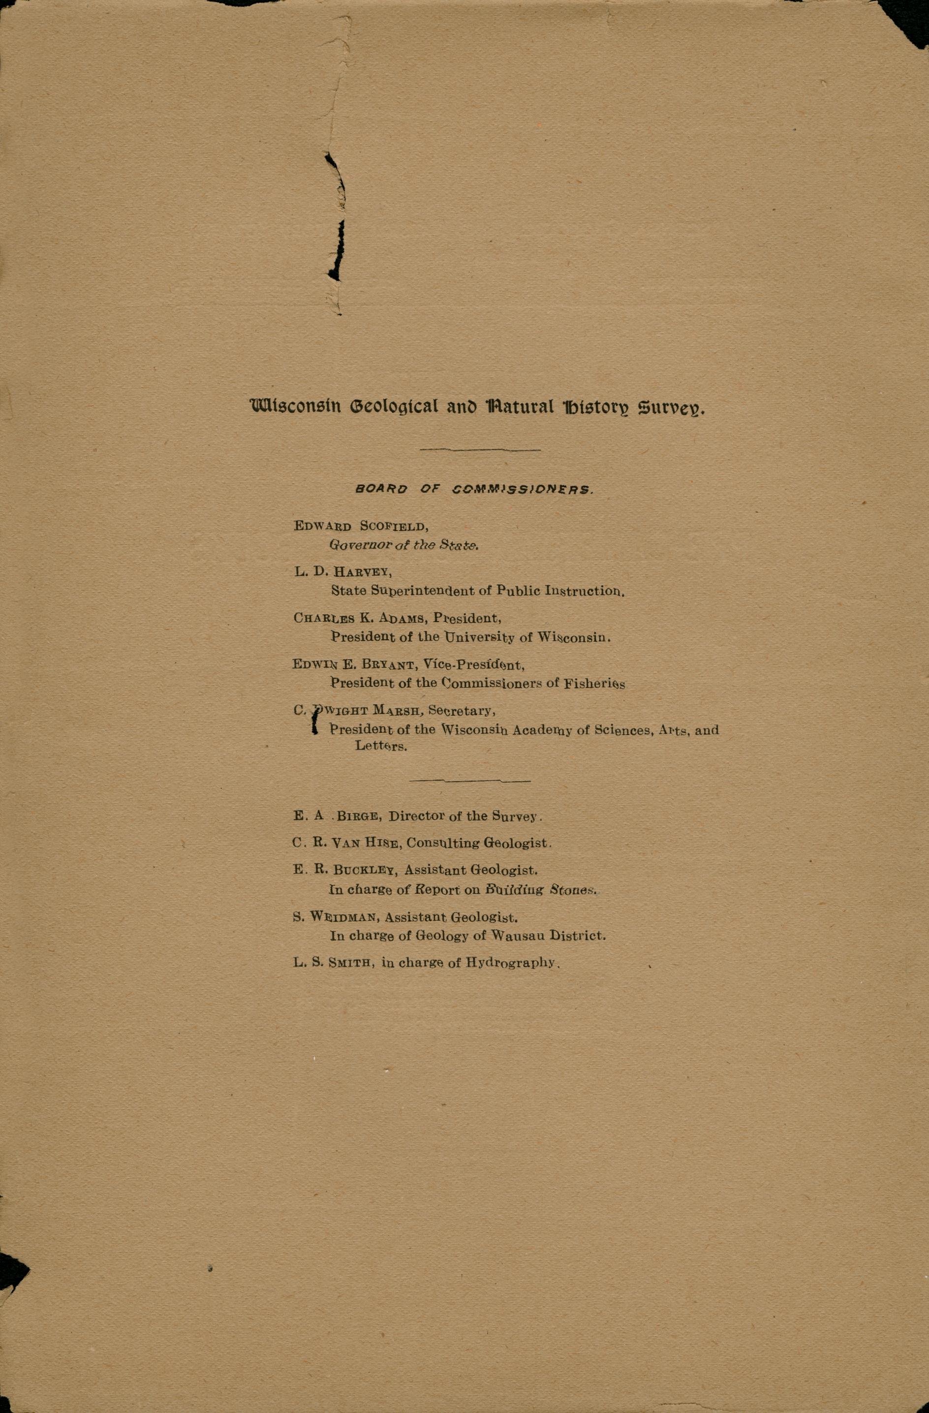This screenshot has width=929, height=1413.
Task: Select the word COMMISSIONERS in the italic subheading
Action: [x=523, y=490]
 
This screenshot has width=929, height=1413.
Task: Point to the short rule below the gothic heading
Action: [x=480, y=449]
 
